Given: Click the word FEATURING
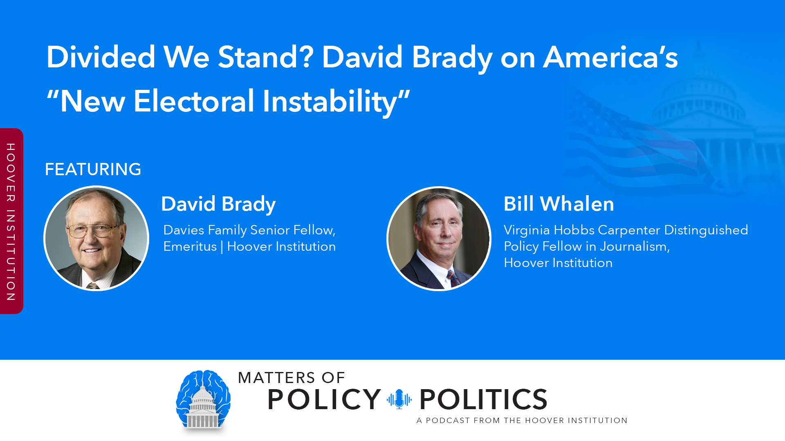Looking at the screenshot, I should (x=93, y=169).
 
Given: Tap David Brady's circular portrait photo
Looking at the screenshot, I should (x=96, y=238).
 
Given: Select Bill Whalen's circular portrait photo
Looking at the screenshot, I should (x=439, y=238).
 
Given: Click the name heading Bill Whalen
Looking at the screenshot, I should (x=558, y=204).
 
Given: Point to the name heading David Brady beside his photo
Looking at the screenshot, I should (x=218, y=204).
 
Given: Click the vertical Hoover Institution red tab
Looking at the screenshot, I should (x=11, y=221).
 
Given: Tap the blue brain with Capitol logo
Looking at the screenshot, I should (x=203, y=400).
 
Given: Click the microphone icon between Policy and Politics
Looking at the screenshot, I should (x=399, y=399).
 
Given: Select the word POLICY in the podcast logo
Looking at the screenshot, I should (x=324, y=399).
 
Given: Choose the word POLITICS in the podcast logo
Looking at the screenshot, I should (x=483, y=399).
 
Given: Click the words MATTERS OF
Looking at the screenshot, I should (x=292, y=378).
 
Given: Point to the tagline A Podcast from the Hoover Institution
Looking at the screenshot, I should (x=522, y=420).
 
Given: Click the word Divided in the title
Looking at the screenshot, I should (x=101, y=57).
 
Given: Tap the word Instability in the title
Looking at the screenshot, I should (x=330, y=101).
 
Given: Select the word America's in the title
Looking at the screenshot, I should (x=610, y=57).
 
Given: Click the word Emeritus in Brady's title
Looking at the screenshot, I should (x=190, y=247).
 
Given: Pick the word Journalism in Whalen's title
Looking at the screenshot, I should (x=633, y=247).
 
